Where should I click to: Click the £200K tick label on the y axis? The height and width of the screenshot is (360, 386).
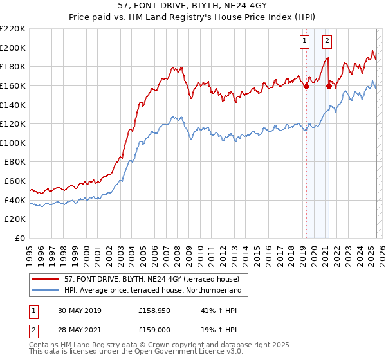point(13,48)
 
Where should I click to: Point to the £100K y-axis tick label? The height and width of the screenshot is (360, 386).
point(13,143)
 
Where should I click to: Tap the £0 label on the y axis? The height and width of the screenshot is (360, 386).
point(20,238)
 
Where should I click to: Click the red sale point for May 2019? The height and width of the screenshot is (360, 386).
point(306,87)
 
